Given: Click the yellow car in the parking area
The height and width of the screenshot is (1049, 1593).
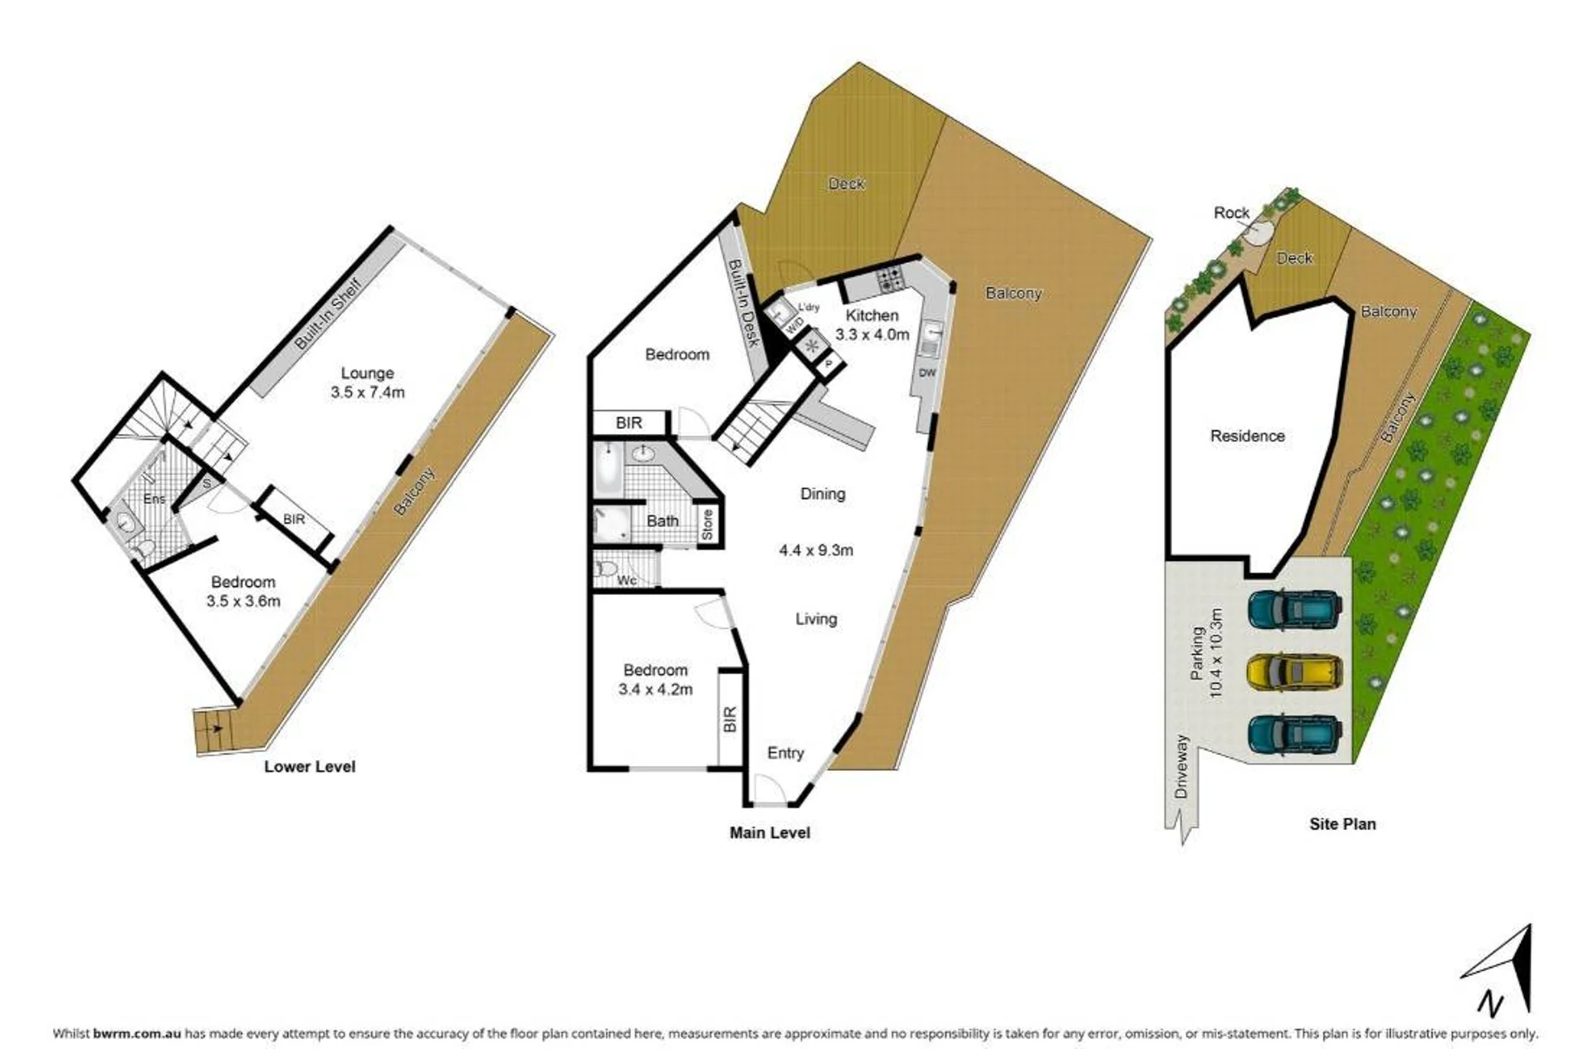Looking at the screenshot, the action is click(x=1295, y=672).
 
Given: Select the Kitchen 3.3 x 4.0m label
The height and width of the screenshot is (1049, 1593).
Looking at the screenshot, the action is click(x=872, y=325).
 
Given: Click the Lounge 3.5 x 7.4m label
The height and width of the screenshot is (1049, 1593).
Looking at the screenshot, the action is click(x=368, y=383).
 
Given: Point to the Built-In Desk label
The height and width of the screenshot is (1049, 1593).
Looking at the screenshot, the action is click(x=744, y=303).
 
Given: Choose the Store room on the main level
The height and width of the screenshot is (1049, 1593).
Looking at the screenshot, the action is click(x=707, y=525).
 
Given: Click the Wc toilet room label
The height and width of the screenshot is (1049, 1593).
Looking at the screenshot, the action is click(x=627, y=580).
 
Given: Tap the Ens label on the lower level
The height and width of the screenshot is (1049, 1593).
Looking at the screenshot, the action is click(x=154, y=499).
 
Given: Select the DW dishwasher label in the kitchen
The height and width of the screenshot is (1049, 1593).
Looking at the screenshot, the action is click(x=927, y=373).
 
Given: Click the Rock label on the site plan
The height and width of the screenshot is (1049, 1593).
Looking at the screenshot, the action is click(x=1231, y=212).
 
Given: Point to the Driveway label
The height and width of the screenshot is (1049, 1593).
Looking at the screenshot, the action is click(x=1182, y=767).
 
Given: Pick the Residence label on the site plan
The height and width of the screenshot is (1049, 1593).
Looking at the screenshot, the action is click(x=1247, y=436).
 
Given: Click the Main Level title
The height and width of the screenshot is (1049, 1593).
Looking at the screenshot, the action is click(x=770, y=832).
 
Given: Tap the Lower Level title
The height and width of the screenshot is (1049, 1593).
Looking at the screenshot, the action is click(x=310, y=767).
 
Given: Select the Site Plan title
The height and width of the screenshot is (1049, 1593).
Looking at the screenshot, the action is click(x=1342, y=824).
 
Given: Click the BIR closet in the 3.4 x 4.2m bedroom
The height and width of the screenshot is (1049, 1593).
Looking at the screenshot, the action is click(x=730, y=719).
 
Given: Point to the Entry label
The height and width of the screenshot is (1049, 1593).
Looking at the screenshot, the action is click(x=785, y=753).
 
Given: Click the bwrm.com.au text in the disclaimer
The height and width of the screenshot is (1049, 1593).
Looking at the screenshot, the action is click(x=137, y=1033).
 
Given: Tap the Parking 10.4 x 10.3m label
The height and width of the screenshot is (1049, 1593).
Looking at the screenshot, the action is click(x=1207, y=652).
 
